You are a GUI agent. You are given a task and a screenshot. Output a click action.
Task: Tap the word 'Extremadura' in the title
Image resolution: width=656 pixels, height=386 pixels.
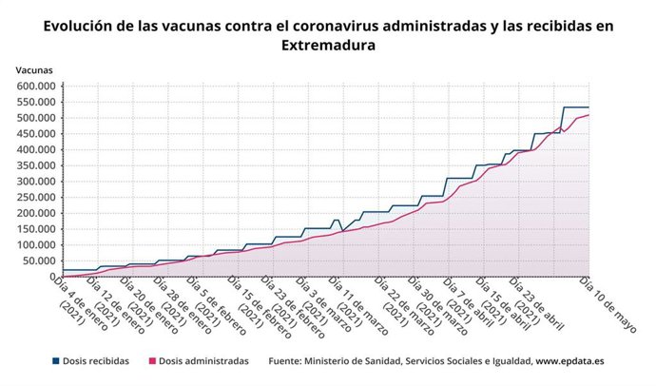coord(328,45)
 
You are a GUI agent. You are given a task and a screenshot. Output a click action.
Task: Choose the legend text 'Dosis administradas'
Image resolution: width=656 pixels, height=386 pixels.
coord(203,361)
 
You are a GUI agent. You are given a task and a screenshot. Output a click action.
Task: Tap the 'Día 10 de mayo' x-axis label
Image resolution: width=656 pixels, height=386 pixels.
coord(608,303)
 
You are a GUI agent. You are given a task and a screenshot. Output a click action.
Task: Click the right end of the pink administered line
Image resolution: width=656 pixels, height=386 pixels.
coord(589,115)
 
